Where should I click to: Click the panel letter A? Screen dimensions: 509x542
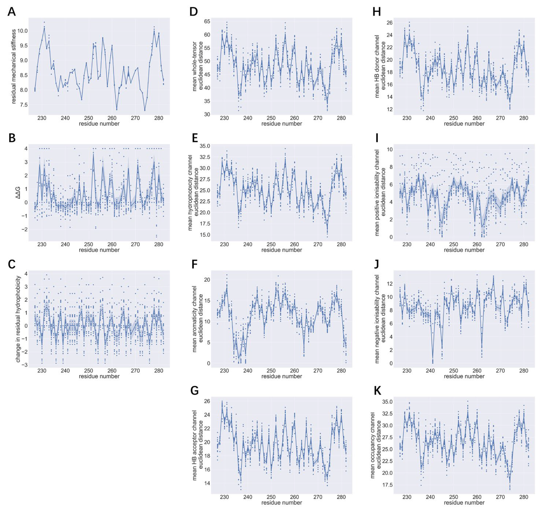(11, 12)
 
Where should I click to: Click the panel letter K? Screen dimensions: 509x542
(377, 391)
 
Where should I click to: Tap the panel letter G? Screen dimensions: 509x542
(194, 391)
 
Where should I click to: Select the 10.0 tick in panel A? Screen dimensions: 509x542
(22, 31)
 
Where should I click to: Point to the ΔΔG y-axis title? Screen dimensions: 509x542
(19, 193)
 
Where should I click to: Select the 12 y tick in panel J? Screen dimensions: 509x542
(389, 284)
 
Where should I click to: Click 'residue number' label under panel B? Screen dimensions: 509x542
(99, 250)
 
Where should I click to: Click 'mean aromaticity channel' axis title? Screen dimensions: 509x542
(194, 319)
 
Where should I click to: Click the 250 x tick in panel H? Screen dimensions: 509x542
(454, 118)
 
